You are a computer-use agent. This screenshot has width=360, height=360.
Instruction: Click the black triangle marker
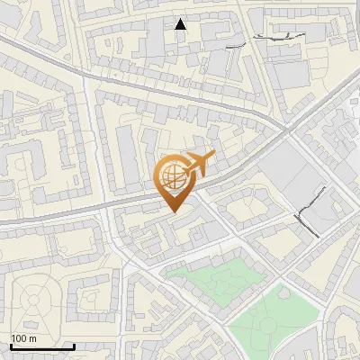click(181, 24)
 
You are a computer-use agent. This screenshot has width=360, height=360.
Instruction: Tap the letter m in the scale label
click(33, 338)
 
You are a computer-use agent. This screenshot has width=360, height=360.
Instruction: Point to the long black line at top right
click(279, 35)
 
